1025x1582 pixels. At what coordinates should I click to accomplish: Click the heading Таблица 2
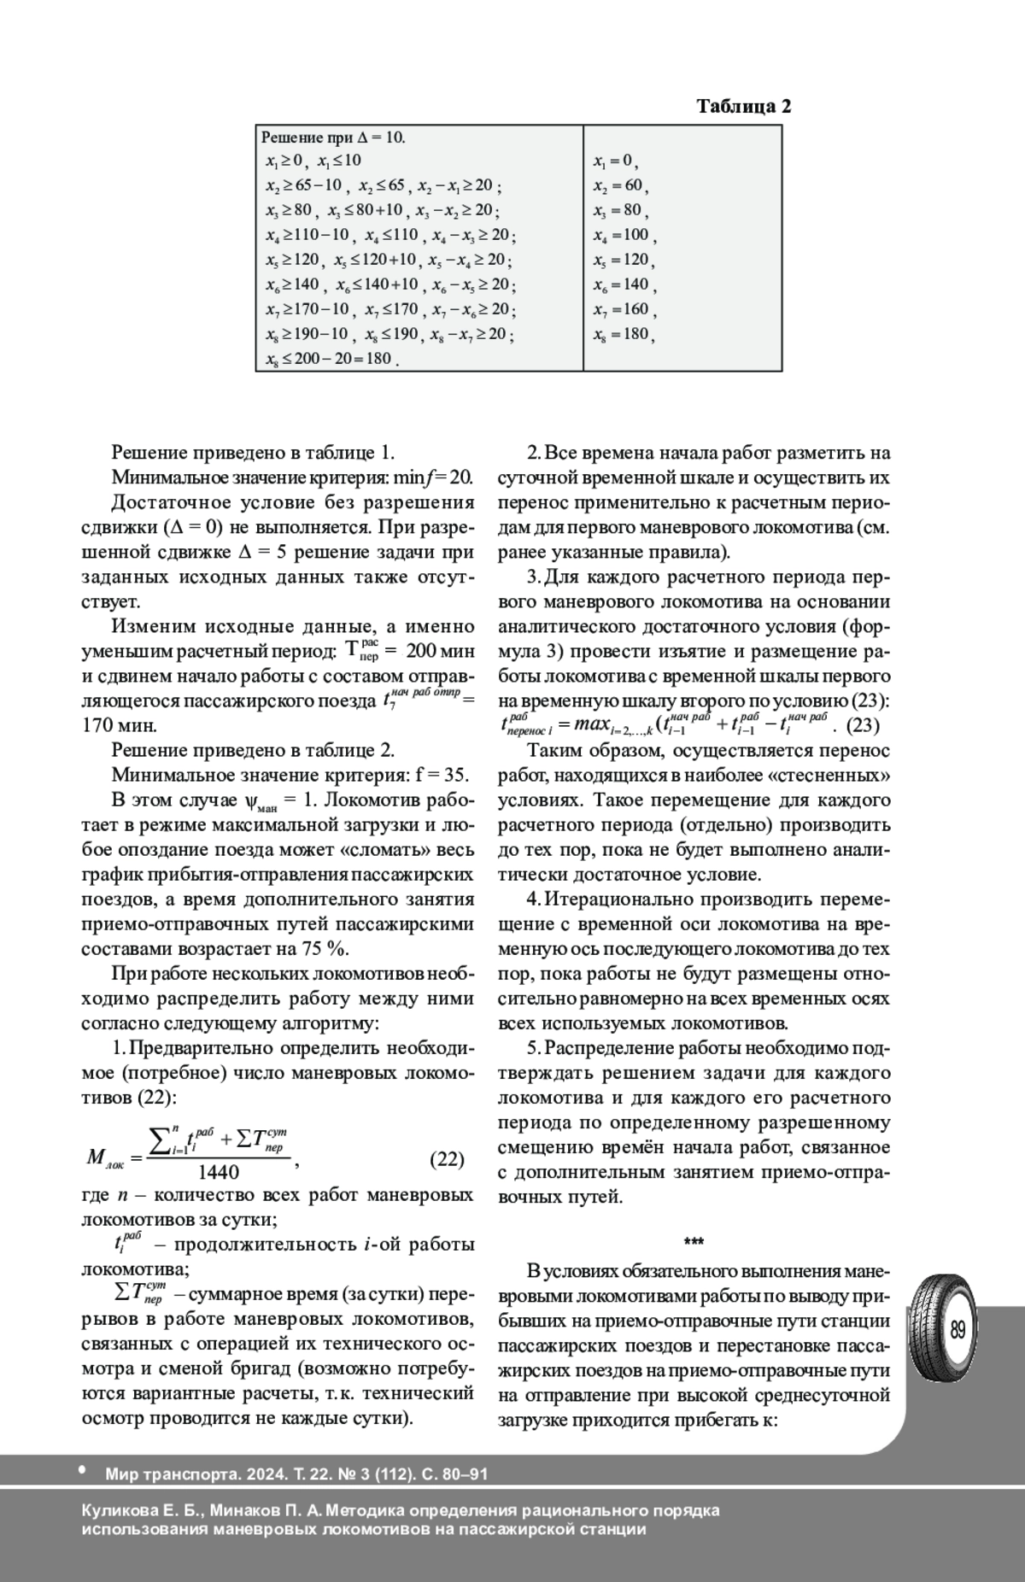coord(743,107)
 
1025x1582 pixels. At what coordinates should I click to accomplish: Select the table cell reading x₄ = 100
coord(624,236)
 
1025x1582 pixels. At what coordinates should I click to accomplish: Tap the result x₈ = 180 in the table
coord(624,335)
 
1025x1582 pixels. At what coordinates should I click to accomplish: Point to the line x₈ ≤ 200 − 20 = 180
coord(332,359)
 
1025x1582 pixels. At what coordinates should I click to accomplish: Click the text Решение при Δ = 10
coord(333,138)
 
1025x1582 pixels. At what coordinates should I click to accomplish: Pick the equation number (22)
coord(446,1159)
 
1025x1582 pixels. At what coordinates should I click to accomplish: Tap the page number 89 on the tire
coord(957,1330)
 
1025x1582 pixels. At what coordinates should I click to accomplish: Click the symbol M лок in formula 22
coord(105,1159)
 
